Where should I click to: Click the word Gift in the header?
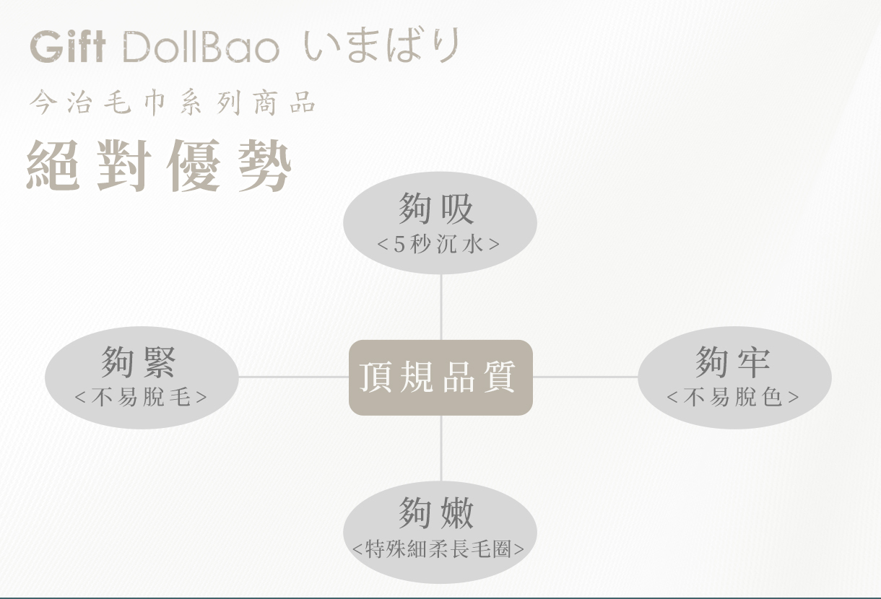[68, 47]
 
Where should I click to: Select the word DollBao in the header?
[200, 47]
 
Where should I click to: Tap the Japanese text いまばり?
[381, 45]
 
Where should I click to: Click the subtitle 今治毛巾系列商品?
[173, 103]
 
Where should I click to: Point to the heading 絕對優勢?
[159, 166]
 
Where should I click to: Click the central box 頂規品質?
[440, 377]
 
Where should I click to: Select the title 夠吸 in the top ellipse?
[437, 209]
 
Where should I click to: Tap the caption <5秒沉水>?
[438, 244]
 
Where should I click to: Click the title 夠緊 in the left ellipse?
[139, 362]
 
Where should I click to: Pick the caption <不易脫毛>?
[141, 397]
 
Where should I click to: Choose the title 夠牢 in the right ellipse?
[733, 362]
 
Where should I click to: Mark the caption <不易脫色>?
[733, 397]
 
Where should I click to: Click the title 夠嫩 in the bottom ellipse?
[437, 513]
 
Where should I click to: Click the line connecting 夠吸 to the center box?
[440, 307]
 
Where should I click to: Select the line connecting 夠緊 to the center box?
[293, 377]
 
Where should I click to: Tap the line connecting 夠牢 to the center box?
[585, 377]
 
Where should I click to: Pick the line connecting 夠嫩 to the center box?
[440, 447]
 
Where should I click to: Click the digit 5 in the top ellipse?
[399, 244]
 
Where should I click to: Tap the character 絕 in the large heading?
[52, 166]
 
